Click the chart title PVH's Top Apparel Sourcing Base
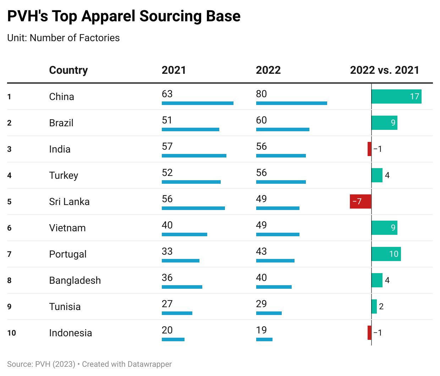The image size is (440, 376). pyautogui.click(x=124, y=16)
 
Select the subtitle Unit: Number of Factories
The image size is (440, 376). pyautogui.click(x=64, y=38)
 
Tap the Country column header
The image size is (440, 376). pyautogui.click(x=68, y=70)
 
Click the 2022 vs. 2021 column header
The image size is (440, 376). pyautogui.click(x=384, y=70)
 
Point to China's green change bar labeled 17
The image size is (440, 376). pyautogui.click(x=396, y=96)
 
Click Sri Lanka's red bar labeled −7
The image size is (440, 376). pyautogui.click(x=361, y=201)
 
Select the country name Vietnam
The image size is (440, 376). pyautogui.click(x=67, y=228)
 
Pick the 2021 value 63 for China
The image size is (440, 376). pyautogui.click(x=167, y=94)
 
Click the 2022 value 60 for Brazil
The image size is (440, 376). pyautogui.click(x=262, y=120)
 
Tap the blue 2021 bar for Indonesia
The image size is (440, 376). pyautogui.click(x=173, y=339)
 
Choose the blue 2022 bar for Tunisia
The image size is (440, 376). pyautogui.click(x=269, y=313)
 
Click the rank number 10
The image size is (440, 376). pyautogui.click(x=11, y=333)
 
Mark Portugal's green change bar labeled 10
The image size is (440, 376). pyautogui.click(x=386, y=254)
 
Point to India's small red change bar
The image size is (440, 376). pyautogui.click(x=369, y=149)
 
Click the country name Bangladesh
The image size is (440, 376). pyautogui.click(x=75, y=280)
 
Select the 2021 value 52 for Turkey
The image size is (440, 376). pyautogui.click(x=167, y=173)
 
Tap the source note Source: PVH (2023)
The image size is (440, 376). pyautogui.click(x=41, y=364)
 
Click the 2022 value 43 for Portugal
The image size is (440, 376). pyautogui.click(x=262, y=251)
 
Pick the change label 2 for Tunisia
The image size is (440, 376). pyautogui.click(x=381, y=306)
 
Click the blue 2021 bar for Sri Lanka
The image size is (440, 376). pyautogui.click(x=193, y=208)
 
